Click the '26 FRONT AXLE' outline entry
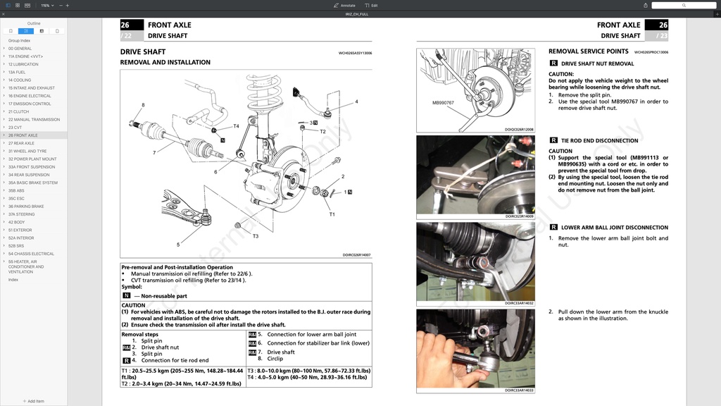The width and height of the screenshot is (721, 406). pos(23,135)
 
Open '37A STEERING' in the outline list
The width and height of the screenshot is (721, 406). pos(22,214)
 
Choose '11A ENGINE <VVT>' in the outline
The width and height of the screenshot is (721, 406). pos(25,56)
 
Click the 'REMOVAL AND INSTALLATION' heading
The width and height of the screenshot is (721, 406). pos(165,62)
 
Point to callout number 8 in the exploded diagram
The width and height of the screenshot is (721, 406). pos(143,106)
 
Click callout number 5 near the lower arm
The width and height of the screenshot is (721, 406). pos(178,245)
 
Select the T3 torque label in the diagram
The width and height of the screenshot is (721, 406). pos(255,236)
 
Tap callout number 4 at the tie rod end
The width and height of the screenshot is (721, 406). pos(356,101)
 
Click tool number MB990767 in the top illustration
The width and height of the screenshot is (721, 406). pos(443,103)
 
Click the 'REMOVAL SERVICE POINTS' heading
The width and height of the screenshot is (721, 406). pos(588,51)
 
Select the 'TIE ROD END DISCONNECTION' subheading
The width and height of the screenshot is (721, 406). pos(599,141)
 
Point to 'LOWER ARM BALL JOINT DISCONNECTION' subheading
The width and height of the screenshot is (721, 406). pos(614,228)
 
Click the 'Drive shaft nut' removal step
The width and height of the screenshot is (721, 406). pos(160,347)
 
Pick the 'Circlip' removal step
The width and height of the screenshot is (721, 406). pos(275,359)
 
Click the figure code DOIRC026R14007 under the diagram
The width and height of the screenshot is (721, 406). pos(356,255)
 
